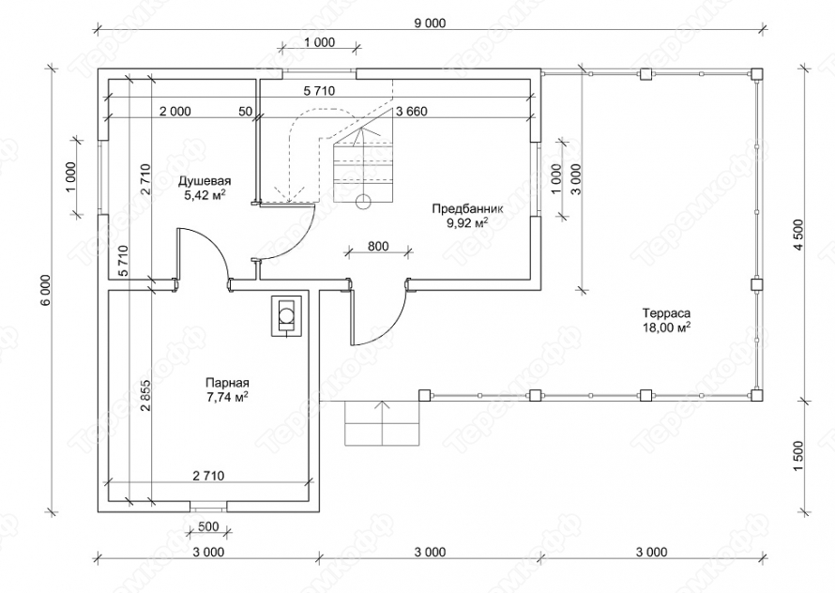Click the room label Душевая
click(x=205, y=180)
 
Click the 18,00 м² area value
click(x=667, y=327)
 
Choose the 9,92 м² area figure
click(x=466, y=223)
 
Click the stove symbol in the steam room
click(x=286, y=314)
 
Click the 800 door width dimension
click(x=378, y=247)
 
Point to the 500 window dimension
click(x=209, y=525)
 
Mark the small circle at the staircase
click(x=362, y=199)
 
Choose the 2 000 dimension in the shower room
click(x=175, y=112)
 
